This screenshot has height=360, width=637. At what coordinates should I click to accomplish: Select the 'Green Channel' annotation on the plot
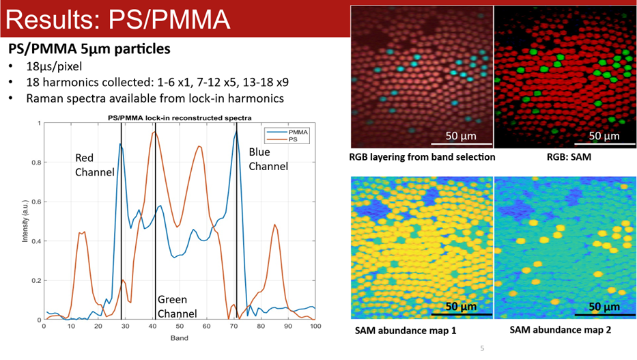177,307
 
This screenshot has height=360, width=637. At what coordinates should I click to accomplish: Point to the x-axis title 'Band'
179,338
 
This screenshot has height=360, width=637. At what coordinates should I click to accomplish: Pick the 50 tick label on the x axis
179,327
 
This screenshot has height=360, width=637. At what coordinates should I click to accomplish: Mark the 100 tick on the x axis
315,327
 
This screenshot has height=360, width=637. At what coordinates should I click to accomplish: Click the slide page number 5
482,350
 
